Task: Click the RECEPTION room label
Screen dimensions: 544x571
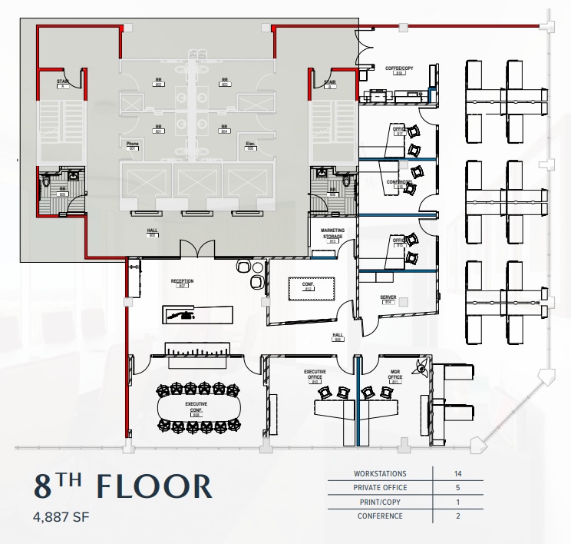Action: tap(183, 282)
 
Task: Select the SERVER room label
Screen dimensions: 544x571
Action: tap(388, 298)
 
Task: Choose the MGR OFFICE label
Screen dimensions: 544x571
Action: tap(395, 376)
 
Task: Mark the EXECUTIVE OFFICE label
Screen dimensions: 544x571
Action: tap(315, 376)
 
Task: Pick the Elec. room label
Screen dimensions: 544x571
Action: tap(250, 145)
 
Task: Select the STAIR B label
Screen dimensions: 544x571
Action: tap(329, 83)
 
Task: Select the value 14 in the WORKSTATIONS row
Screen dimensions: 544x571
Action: tap(457, 474)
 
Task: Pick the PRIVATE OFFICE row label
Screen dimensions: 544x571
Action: tap(380, 488)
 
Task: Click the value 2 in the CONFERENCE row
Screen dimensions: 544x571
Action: tap(457, 516)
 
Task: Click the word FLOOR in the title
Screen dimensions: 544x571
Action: tap(155, 487)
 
